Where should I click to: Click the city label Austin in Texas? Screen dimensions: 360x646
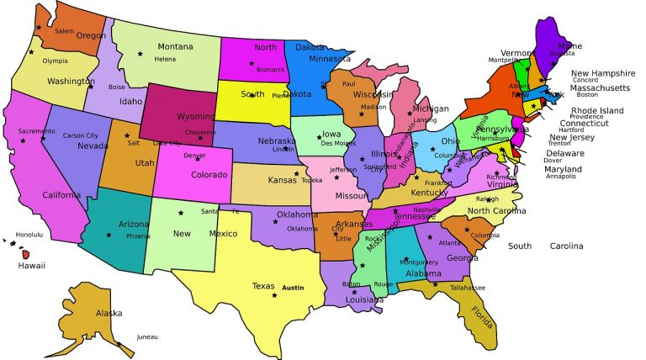(293, 288)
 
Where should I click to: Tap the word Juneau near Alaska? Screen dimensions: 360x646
(146, 336)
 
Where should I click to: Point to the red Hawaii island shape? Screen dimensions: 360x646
(26, 254)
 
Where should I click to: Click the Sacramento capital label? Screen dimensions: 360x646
(37, 131)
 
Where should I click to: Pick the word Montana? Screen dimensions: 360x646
(176, 47)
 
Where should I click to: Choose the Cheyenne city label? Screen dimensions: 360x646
(200, 132)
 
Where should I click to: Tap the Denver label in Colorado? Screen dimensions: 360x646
(194, 156)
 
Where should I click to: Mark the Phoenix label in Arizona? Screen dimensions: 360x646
(138, 236)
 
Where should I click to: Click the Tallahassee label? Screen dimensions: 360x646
(468, 287)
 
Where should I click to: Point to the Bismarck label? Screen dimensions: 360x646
(271, 69)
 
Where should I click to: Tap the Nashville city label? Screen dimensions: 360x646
(427, 209)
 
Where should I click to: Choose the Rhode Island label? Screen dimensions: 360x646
(597, 110)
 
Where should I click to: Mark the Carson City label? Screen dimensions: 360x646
(81, 135)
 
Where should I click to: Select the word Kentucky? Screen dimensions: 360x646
(429, 193)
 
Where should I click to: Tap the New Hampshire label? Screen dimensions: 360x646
(603, 73)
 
